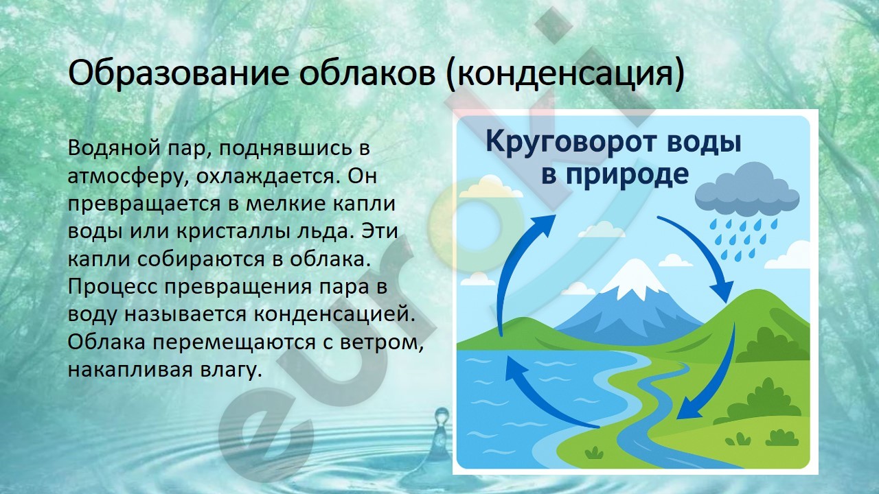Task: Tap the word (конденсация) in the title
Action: point(565,75)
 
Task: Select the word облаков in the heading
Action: point(367,73)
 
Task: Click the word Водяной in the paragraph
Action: point(114,148)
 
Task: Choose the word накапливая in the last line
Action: point(130,370)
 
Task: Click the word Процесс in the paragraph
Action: point(112,287)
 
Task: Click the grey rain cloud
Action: point(746,191)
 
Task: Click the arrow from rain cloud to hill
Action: point(702,255)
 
